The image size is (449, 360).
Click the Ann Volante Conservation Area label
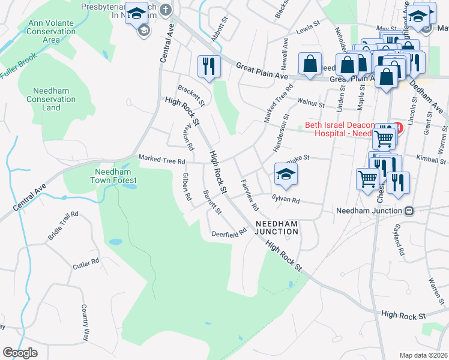point(52,31)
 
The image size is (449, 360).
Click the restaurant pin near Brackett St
point(208,67)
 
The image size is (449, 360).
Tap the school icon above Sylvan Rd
point(286,175)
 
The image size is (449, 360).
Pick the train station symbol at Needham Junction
point(409,211)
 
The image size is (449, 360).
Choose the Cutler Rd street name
point(86,264)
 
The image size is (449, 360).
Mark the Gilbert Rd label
point(187,187)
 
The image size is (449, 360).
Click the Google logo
point(20,353)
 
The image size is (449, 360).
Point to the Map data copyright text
point(423,355)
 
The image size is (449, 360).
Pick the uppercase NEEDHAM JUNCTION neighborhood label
point(277,227)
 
